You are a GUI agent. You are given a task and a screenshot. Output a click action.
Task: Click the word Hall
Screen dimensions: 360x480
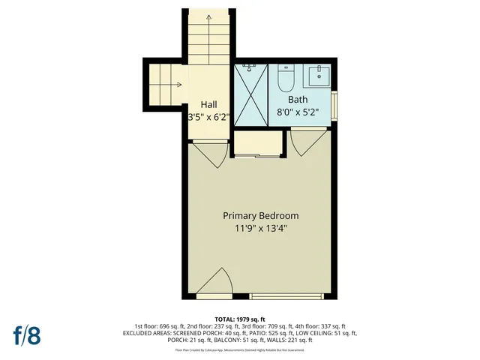coord(209,104)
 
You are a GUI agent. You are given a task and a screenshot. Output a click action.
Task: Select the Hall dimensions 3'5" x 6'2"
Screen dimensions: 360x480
coord(209,117)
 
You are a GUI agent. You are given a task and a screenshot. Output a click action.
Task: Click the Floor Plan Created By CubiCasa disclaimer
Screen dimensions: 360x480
coord(239,349)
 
